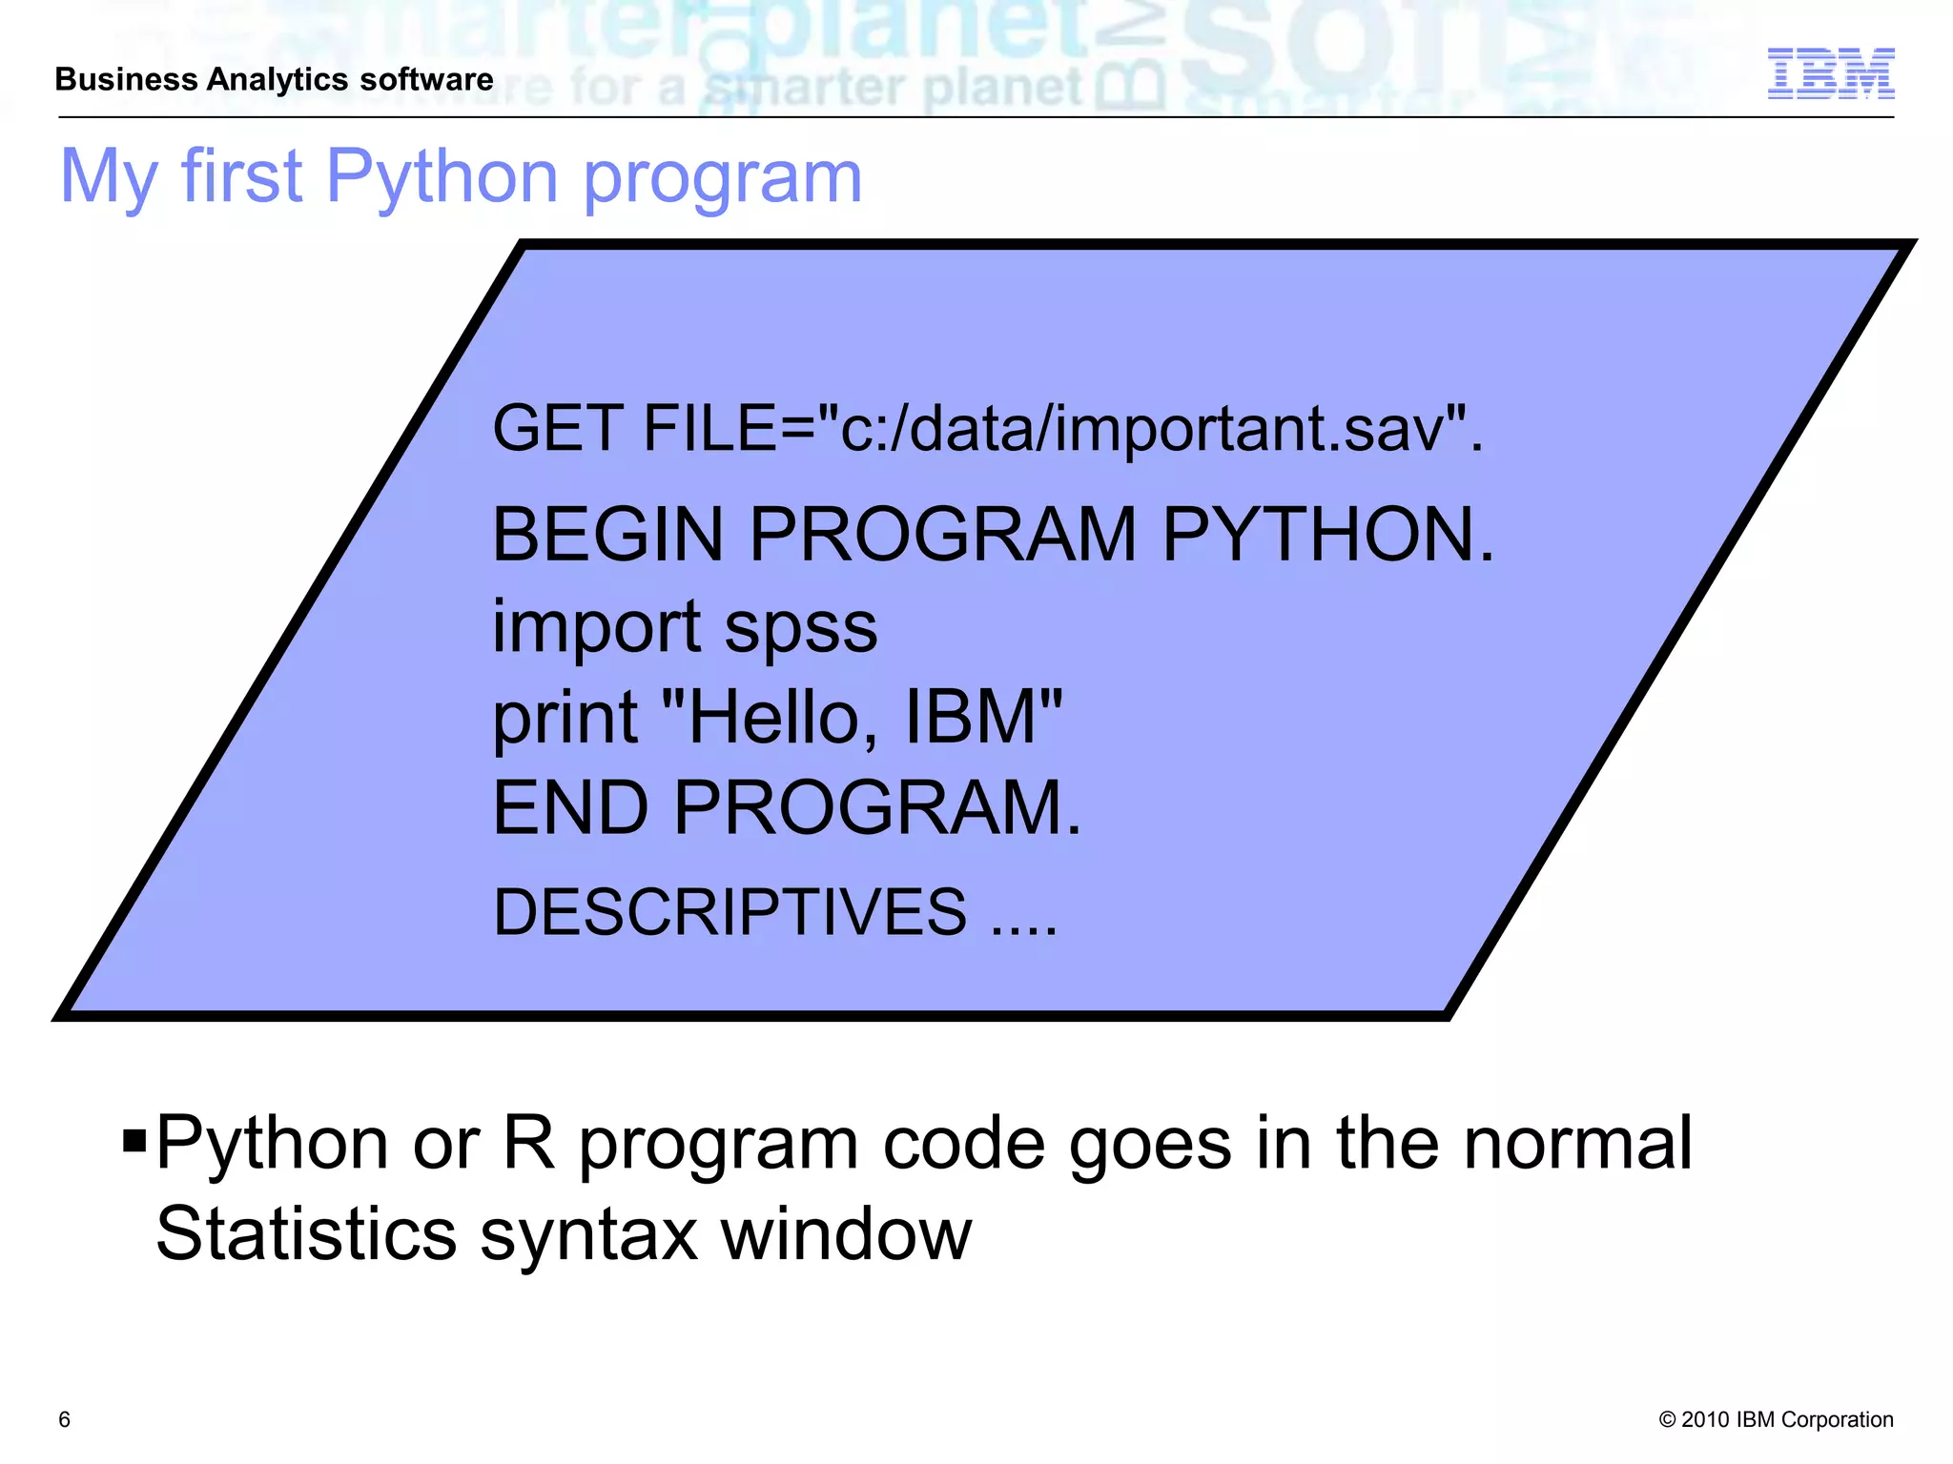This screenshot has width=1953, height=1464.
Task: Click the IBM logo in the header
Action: [1830, 73]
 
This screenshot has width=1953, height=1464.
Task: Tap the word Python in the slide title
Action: [442, 177]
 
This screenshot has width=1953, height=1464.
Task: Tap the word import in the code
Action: [597, 628]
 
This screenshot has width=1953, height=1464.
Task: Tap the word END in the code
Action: [570, 808]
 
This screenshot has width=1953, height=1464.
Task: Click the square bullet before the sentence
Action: [134, 1140]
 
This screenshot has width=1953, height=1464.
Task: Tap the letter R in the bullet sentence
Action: [528, 1143]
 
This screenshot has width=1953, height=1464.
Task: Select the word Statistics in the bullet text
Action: [306, 1234]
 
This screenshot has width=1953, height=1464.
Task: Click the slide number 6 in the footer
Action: [65, 1419]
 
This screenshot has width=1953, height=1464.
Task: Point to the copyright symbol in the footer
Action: [1667, 1420]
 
